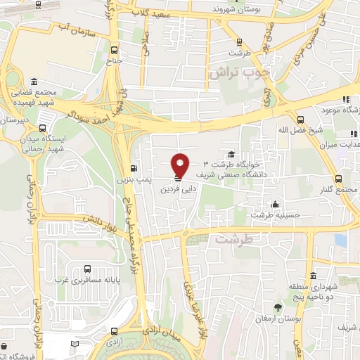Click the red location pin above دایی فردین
tap(181, 165)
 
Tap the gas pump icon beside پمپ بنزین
tap(134, 169)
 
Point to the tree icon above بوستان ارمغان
tap(278, 308)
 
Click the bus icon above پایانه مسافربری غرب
tap(87, 268)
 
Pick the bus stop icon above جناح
tap(114, 49)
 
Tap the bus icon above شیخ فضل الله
tap(300, 119)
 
